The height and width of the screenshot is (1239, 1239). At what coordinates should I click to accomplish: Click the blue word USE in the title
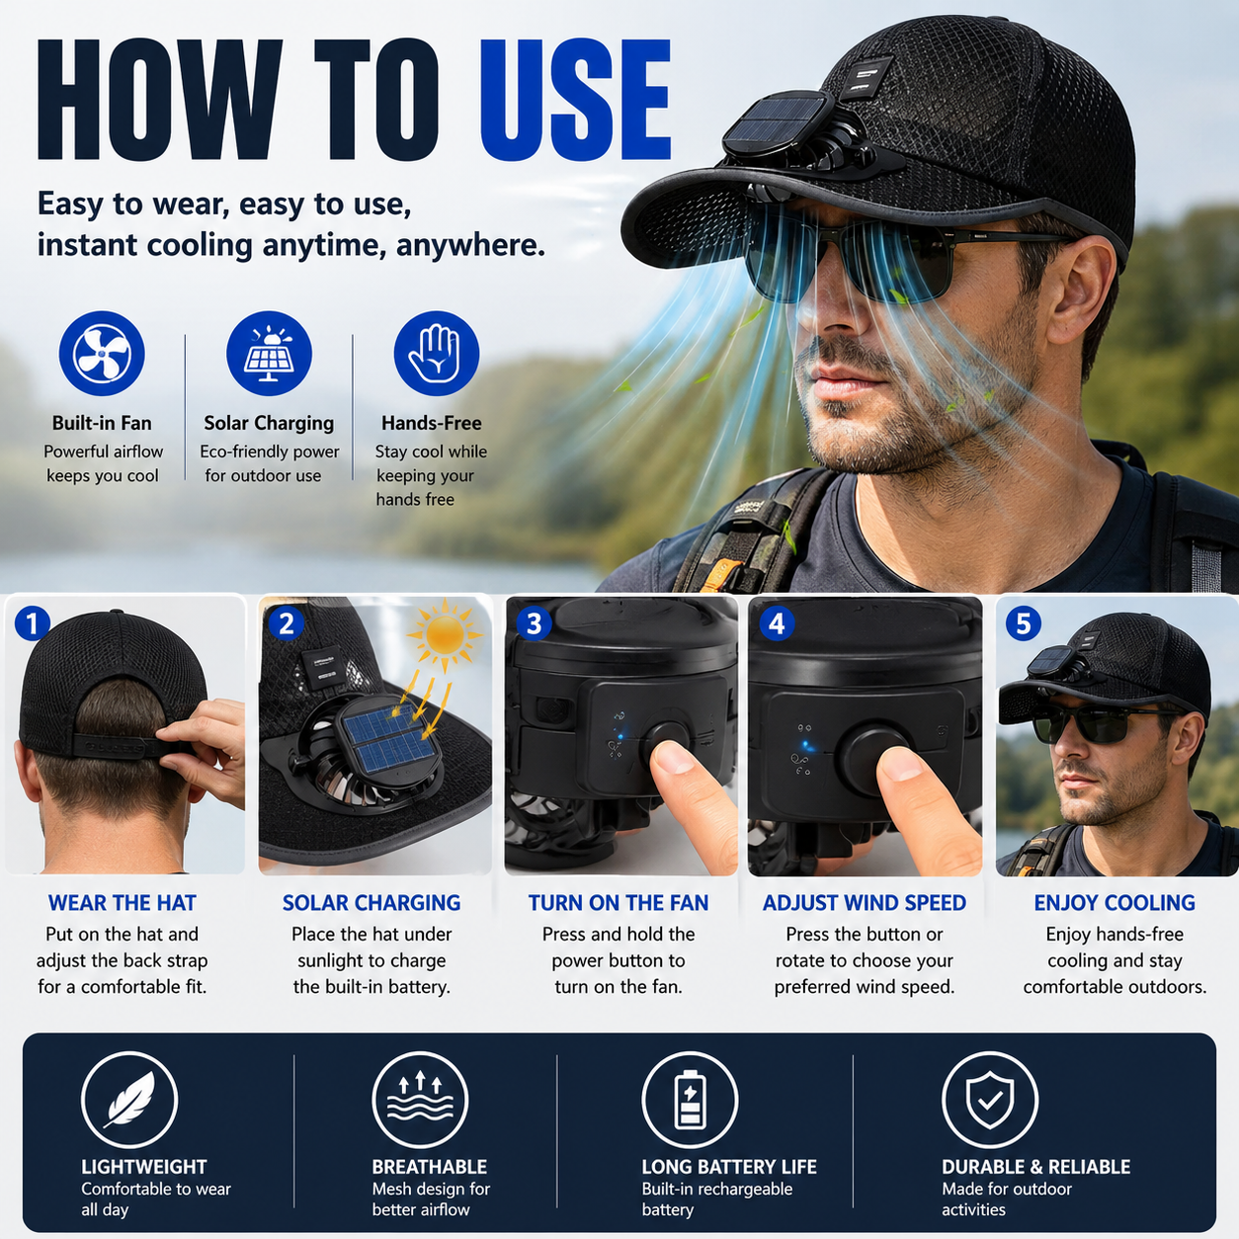tap(575, 101)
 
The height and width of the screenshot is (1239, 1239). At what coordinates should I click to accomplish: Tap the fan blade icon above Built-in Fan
tap(102, 354)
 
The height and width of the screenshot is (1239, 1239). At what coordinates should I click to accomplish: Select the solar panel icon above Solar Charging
tap(269, 354)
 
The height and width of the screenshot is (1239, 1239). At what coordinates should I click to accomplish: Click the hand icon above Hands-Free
tap(437, 354)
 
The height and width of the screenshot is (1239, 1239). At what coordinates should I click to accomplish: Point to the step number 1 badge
tap(33, 623)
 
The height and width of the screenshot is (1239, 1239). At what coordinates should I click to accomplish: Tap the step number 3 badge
tap(534, 623)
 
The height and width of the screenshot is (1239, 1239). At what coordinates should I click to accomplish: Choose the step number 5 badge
tap(1023, 623)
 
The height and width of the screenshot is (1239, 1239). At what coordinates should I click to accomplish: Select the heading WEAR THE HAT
tap(123, 903)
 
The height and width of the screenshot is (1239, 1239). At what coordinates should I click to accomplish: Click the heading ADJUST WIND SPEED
tap(865, 903)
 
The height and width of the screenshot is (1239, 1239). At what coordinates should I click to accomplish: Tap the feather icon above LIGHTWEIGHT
tap(129, 1100)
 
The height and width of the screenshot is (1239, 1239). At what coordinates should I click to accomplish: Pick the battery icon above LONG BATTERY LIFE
tap(690, 1100)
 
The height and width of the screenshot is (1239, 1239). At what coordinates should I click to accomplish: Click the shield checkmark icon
tap(990, 1100)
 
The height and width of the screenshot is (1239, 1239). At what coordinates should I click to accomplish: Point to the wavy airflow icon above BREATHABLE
tap(420, 1100)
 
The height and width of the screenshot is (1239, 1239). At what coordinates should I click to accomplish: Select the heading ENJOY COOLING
tap(1115, 903)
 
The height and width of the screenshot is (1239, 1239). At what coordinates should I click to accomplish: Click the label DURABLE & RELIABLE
tap(1035, 1166)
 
